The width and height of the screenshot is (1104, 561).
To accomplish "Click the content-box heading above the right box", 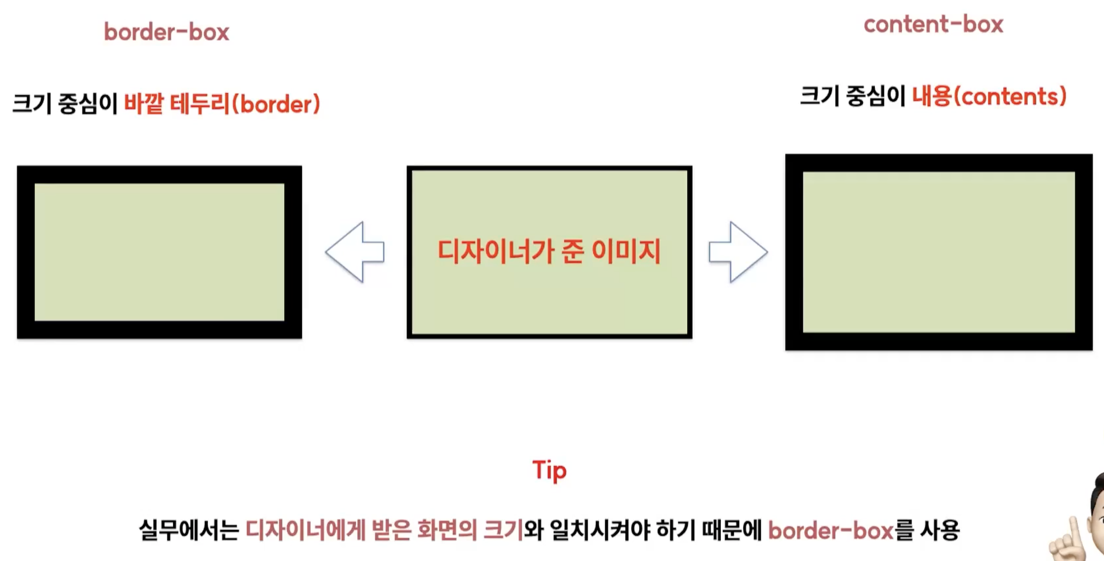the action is point(933,24).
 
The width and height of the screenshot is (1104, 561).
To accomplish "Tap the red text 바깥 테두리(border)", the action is point(222,104).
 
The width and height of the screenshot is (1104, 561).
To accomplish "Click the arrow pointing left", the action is point(355,252).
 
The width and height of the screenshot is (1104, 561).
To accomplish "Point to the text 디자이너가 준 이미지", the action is point(549,251).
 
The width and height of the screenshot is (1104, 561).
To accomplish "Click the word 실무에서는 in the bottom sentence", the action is point(189,530).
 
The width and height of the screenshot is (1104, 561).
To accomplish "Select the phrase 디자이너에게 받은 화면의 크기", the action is point(384,530).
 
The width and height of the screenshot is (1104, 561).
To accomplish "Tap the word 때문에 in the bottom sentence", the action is point(732,530).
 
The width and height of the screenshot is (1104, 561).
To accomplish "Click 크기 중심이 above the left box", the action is point(65,104).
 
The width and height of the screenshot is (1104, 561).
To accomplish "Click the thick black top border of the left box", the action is point(159,175).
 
